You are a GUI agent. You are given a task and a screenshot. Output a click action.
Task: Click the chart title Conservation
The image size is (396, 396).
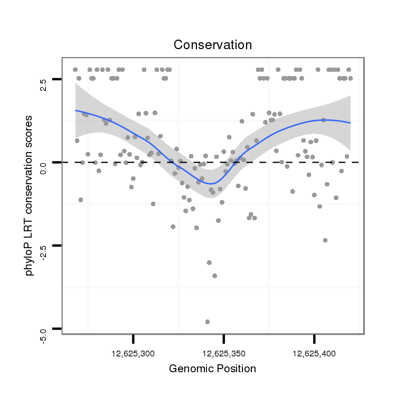point(213,45)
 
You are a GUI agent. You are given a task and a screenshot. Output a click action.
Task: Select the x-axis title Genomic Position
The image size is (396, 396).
point(212,369)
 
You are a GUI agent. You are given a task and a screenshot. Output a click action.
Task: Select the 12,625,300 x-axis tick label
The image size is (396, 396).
point(134,353)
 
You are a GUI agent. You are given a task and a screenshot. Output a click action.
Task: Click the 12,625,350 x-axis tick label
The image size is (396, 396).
point(224,353)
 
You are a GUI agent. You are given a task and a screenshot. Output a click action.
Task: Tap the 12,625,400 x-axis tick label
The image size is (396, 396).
point(314,353)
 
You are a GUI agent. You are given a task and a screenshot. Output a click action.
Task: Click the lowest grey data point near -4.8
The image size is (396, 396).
point(208,322)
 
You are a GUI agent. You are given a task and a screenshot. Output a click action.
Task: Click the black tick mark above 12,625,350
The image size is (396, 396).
point(224,338)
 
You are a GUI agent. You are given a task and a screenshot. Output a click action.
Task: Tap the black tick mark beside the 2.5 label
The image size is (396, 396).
point(57,79)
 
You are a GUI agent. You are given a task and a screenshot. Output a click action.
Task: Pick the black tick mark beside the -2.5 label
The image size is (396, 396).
point(57,246)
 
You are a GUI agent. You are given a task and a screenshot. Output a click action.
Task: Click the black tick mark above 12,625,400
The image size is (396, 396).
point(314,338)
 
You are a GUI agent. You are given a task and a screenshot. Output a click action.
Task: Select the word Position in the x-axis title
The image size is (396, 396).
point(235,369)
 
